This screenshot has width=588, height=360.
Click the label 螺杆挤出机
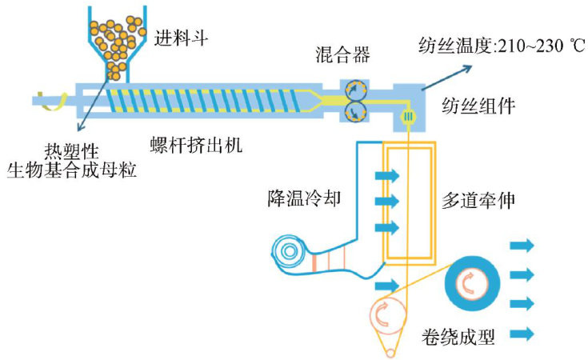[196, 145]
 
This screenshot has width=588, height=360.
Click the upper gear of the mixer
[354, 89]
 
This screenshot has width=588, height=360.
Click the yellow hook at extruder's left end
[54, 100]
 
